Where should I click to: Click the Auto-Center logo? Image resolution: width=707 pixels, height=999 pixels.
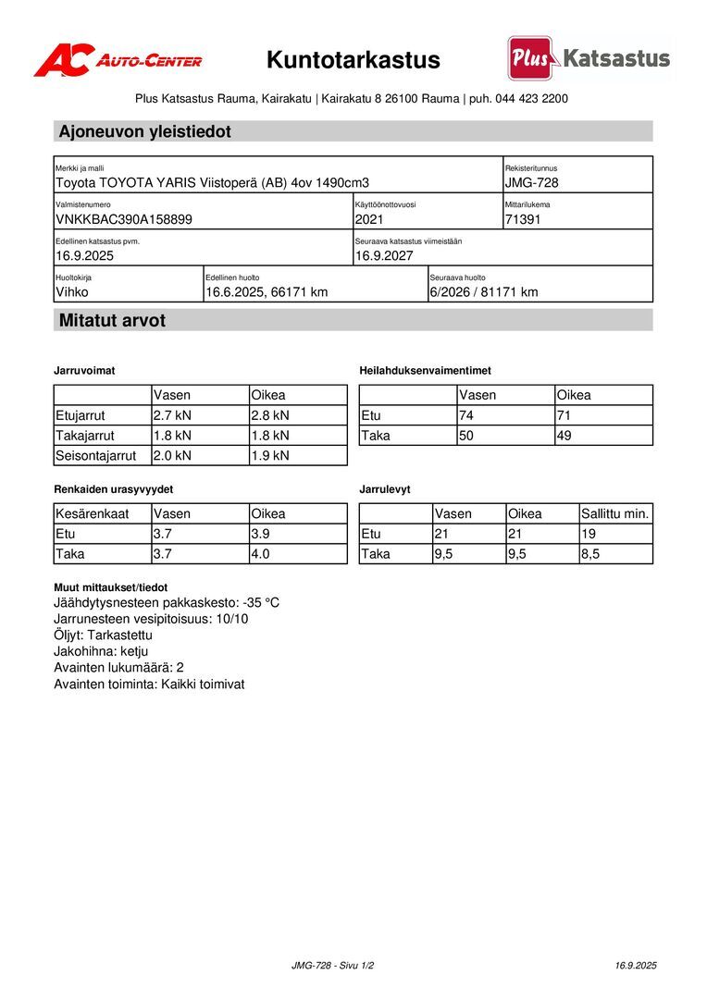[x=118, y=60]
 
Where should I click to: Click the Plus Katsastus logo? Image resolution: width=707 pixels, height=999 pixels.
[x=588, y=59]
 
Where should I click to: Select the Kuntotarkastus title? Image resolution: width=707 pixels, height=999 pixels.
[x=353, y=60]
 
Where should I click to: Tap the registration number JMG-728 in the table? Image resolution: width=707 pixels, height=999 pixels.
[x=532, y=183]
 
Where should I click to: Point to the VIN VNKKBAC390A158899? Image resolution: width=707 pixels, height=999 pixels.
[x=124, y=219]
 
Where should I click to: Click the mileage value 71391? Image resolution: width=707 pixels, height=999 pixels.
[x=523, y=219]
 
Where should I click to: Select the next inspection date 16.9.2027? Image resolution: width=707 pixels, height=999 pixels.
[x=384, y=255]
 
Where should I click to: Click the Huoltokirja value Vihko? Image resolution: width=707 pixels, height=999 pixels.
[x=73, y=292]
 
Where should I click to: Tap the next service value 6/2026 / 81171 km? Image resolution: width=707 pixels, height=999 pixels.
[x=484, y=292]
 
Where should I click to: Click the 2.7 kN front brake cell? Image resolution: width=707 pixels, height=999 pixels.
[x=172, y=415]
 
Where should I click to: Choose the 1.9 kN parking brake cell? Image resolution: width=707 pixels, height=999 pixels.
[x=270, y=455]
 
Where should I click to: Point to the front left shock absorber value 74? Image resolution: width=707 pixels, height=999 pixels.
[x=467, y=415]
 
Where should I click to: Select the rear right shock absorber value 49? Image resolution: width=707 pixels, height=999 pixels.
[x=564, y=436]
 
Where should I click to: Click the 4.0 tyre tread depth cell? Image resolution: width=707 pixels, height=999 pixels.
[x=261, y=554]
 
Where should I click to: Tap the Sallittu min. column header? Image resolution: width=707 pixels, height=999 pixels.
[x=615, y=513]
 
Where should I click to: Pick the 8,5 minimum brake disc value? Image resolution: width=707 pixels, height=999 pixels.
[x=590, y=554]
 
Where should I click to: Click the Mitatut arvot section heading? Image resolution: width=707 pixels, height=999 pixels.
[x=112, y=321]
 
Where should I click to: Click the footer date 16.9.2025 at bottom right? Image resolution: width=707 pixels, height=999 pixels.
[x=636, y=966]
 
